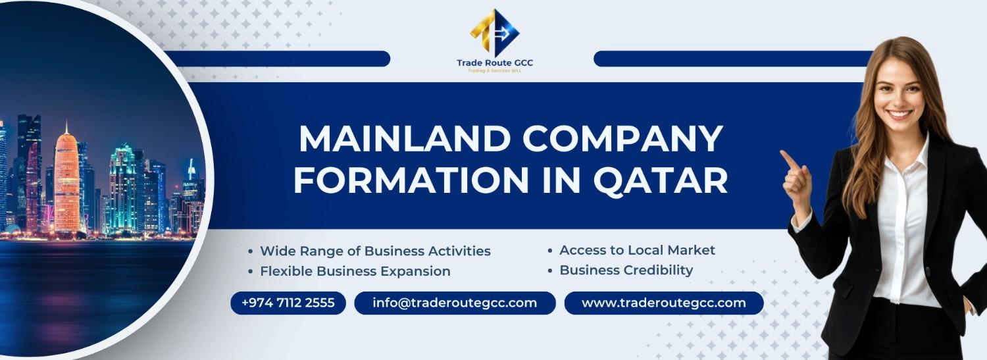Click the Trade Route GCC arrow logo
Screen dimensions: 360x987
[x=495, y=32]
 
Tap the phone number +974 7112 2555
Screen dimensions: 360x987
[x=288, y=303]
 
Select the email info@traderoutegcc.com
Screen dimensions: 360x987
[x=455, y=303]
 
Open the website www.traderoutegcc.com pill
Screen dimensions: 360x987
[x=664, y=303]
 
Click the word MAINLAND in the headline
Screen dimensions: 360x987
[x=400, y=140]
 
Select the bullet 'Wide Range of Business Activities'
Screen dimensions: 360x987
[x=375, y=251]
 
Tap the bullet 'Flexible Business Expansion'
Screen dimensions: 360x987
[x=355, y=271]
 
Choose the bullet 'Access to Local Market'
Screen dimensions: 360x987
[x=637, y=250]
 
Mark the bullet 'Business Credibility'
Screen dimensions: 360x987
[x=626, y=270]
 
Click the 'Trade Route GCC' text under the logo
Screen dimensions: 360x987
[x=495, y=63]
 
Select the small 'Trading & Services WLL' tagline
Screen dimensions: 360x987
[x=495, y=70]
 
